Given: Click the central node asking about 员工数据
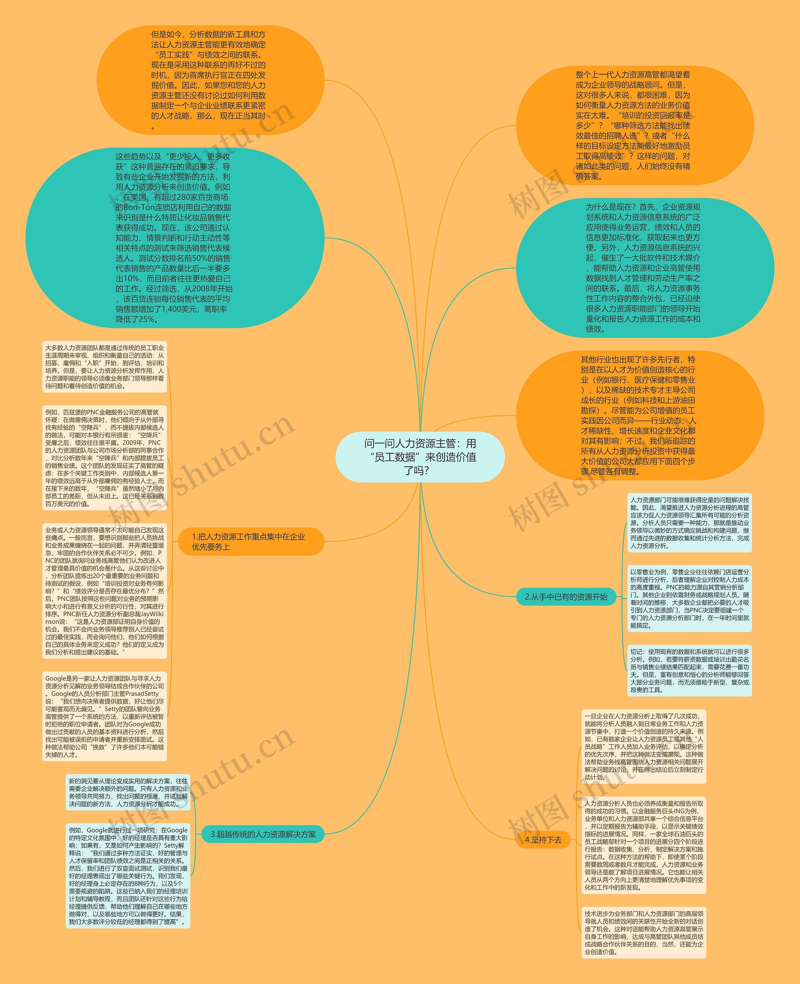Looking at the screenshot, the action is [420, 457].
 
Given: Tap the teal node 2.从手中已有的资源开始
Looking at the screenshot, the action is [566, 597].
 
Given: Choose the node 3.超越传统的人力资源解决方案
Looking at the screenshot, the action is [263, 834].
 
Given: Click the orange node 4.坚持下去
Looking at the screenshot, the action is [544, 840].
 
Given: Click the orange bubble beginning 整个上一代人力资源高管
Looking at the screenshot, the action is [635, 125].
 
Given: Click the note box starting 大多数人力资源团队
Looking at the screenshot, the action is [105, 366].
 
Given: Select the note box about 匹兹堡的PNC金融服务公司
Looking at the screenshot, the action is [105, 458].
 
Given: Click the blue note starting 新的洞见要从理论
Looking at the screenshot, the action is [128, 792].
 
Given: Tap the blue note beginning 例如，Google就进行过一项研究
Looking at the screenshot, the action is [128, 875].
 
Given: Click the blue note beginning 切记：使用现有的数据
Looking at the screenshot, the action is [689, 670].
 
